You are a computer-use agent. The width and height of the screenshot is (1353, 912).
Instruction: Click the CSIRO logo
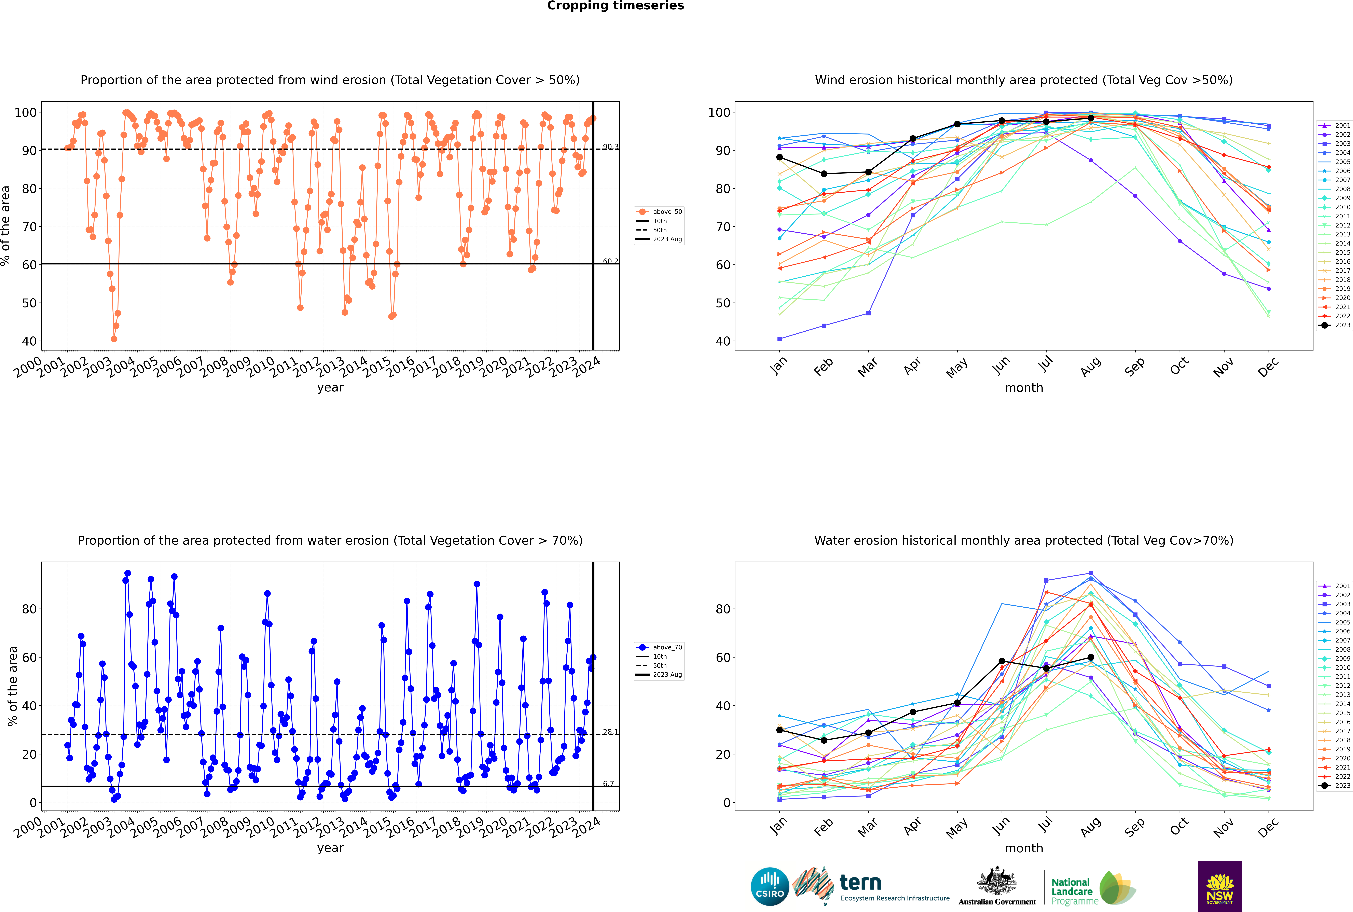pyautogui.click(x=770, y=886)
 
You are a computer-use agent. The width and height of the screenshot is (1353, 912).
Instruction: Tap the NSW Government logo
pyautogui.click(x=1220, y=886)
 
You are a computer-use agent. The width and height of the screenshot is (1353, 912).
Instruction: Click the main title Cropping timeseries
pyautogui.click(x=615, y=6)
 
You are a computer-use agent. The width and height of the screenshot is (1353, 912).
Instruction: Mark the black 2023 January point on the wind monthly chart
pyautogui.click(x=779, y=157)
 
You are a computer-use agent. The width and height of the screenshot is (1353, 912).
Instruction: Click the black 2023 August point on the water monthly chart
pyautogui.click(x=1091, y=657)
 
